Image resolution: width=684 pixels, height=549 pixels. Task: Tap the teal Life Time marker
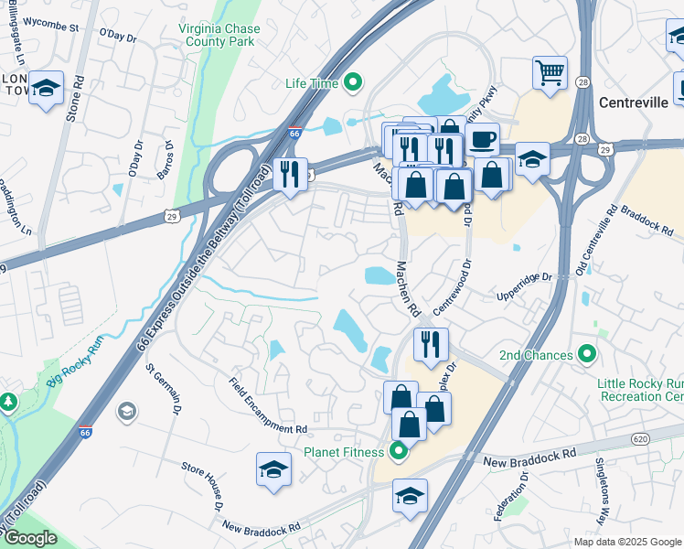353,84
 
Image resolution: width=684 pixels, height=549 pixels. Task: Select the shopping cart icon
550,72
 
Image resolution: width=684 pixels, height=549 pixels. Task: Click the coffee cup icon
483,140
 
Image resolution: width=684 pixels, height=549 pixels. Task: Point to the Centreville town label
633,102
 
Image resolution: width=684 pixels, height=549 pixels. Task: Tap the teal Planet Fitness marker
398,450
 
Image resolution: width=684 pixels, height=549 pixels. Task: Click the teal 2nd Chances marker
587,355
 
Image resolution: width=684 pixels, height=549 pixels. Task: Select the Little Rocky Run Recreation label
640,391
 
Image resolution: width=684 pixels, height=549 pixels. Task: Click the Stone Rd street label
74,99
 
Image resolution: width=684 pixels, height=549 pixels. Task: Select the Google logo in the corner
30,538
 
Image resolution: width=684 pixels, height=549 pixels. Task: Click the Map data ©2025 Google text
626,542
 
